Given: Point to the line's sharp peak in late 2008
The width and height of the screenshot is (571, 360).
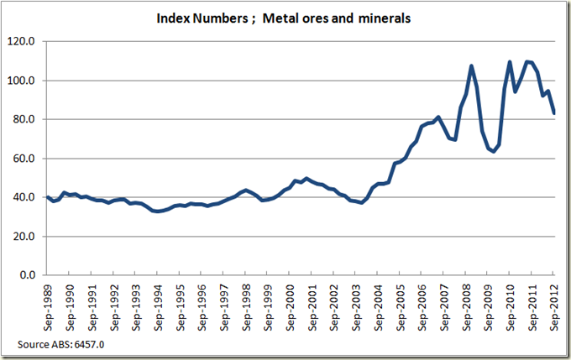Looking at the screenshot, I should [x=471, y=65].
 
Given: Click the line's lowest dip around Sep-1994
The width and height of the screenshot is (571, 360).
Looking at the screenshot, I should [x=157, y=211].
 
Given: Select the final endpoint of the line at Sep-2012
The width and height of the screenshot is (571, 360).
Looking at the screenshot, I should [x=554, y=112].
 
